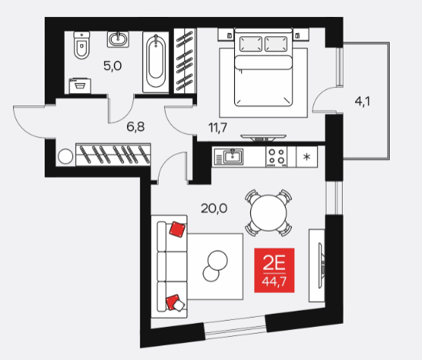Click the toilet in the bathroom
pyautogui.click(x=82, y=45)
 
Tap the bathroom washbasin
pyautogui.click(x=118, y=39)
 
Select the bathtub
pyautogui.click(x=156, y=62)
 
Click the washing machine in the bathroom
pyautogui.click(x=80, y=85)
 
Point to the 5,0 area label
pyautogui.click(x=112, y=66)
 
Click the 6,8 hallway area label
pyautogui.click(x=136, y=127)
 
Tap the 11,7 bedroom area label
pyautogui.click(x=218, y=128)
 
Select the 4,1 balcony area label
pyautogui.click(x=363, y=102)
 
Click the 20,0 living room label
pyautogui.click(x=214, y=208)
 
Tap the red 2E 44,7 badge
pyautogui.click(x=274, y=270)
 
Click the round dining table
pyautogui.click(x=269, y=212)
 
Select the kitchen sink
pyautogui.click(x=229, y=156)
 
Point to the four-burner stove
pyautogui.click(x=276, y=156)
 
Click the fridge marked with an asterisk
pyautogui.click(x=306, y=156)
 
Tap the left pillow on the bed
pyautogui.click(x=250, y=44)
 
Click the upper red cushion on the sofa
pyautogui.click(x=177, y=229)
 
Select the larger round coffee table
pyautogui.click(x=218, y=260)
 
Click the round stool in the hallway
pyautogui.click(x=65, y=156)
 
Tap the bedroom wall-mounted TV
pyautogui.click(x=263, y=138)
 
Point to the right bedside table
pyautogui.click(x=301, y=35)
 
